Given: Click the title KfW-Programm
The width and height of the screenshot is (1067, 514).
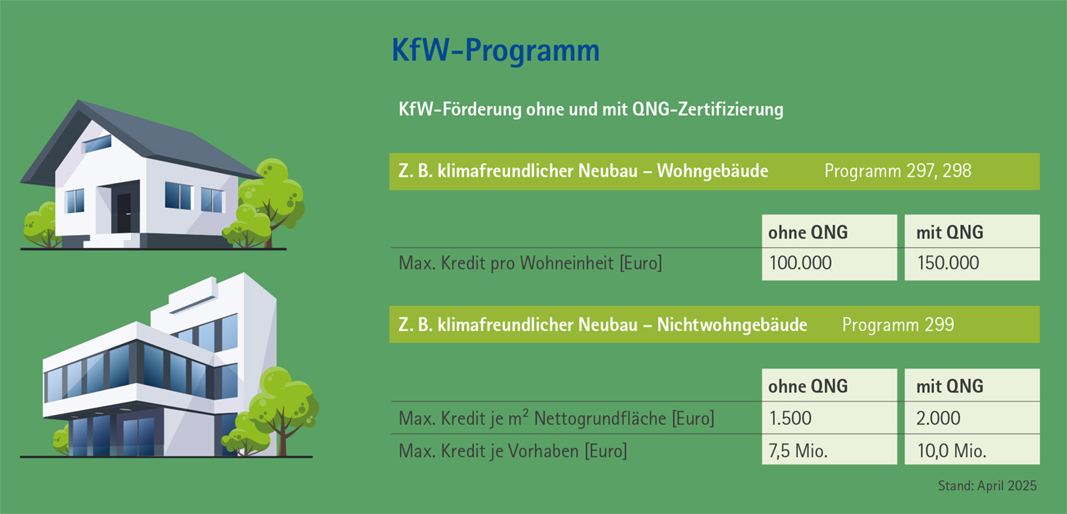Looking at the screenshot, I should click(x=495, y=52).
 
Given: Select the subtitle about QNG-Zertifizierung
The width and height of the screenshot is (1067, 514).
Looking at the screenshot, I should click(x=591, y=110).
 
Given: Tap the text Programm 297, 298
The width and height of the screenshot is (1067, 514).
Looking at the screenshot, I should click(x=898, y=172).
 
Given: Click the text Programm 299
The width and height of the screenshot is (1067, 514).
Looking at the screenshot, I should click(x=898, y=325).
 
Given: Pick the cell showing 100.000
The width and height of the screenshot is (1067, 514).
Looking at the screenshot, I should click(x=800, y=263).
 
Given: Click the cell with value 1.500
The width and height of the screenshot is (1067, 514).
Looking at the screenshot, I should click(x=790, y=418).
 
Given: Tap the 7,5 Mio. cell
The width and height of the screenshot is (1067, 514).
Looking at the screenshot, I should click(x=799, y=451).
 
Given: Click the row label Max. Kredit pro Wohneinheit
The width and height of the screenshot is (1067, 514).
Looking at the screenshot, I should click(x=530, y=264).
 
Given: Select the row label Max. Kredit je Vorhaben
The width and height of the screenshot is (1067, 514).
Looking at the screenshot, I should click(x=512, y=451).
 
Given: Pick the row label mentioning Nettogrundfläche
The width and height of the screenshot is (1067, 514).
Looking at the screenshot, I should click(x=556, y=419).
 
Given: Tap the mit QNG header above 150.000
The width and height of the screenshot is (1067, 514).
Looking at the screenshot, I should click(x=950, y=232).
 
